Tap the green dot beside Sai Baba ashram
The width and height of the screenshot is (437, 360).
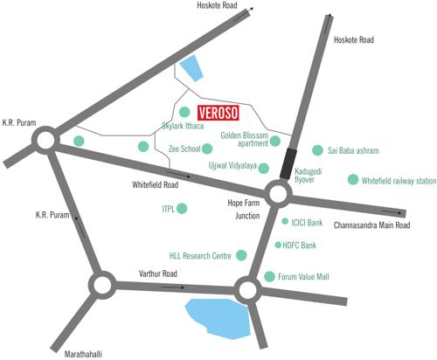(x=317, y=150)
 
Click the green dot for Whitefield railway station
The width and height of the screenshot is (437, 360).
(x=353, y=180)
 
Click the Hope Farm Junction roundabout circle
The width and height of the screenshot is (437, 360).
(x=279, y=193)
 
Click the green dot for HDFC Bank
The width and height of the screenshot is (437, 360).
(x=278, y=246)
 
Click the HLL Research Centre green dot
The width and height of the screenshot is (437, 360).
(x=242, y=255)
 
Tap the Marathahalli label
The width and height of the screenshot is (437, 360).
(x=85, y=352)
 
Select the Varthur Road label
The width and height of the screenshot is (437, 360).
(x=158, y=274)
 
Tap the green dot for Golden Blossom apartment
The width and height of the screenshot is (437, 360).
(x=275, y=141)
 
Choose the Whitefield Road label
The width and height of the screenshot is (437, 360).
(x=155, y=185)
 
